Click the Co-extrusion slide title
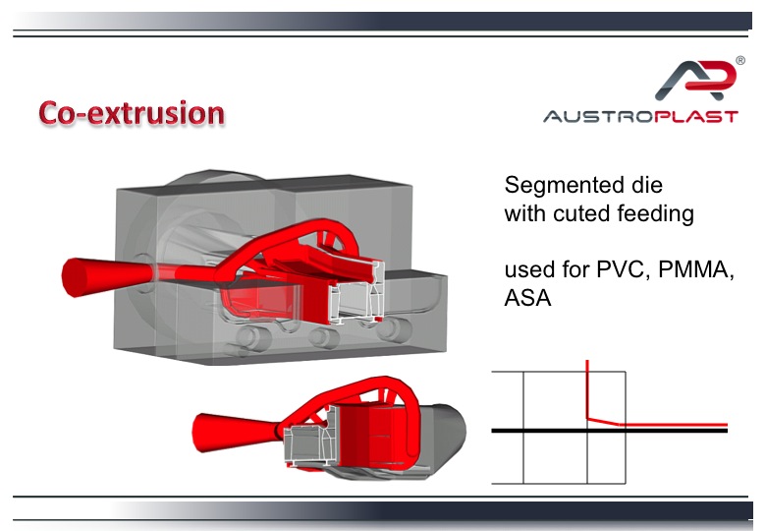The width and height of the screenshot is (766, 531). coord(132,113)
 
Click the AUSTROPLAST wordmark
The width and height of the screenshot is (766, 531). coord(640,116)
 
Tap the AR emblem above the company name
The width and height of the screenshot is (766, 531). coord(696,80)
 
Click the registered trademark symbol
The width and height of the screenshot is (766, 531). coord(740,60)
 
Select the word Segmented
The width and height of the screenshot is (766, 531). coord(561,186)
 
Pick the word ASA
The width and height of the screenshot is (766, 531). coord(527,298)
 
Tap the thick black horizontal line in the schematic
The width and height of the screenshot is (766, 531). coord(609,431)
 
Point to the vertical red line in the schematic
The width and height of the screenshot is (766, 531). coord(587,389)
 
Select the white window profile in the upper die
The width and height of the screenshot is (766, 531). coord(356,294)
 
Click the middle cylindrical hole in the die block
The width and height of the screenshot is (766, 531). coord(323,337)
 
